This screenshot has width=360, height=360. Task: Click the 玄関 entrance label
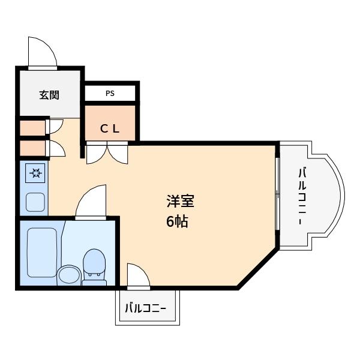(x=49, y=94)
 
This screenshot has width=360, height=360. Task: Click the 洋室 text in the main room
(x=180, y=201)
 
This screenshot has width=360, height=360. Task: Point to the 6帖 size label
(x=178, y=221)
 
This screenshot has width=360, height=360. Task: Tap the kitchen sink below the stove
(x=35, y=202)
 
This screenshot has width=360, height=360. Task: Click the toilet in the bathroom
(x=93, y=265)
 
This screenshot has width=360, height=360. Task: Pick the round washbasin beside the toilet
(x=68, y=275)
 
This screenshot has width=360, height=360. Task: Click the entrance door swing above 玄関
(x=43, y=53)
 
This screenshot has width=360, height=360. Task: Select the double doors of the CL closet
(x=107, y=154)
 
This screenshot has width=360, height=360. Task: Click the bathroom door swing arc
(x=92, y=201)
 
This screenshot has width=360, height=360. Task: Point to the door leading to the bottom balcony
(x=138, y=276)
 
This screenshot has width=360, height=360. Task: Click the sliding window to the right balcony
(x=277, y=193)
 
